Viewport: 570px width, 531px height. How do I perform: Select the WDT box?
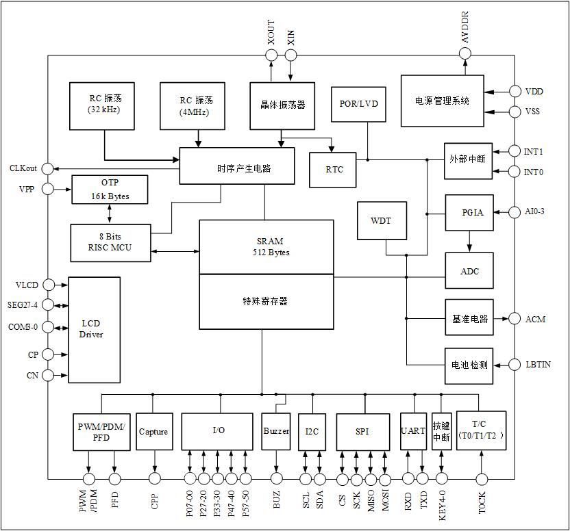382,221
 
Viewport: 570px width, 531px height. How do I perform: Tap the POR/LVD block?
358,104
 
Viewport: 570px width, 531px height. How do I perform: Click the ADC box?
469,272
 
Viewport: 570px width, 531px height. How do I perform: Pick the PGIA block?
469,213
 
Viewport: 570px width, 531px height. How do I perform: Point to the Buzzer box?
276,431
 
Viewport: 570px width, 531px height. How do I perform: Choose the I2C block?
312,432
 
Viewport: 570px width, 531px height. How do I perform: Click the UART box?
413,431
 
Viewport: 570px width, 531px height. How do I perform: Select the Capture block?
153,432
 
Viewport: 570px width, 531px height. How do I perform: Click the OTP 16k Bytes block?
110,190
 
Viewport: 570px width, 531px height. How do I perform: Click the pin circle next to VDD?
515,91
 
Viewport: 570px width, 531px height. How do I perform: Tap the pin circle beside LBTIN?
515,365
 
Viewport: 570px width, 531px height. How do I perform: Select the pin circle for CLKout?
48,168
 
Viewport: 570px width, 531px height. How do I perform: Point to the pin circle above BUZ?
277,478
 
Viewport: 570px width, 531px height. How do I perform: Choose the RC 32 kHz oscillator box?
104,106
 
